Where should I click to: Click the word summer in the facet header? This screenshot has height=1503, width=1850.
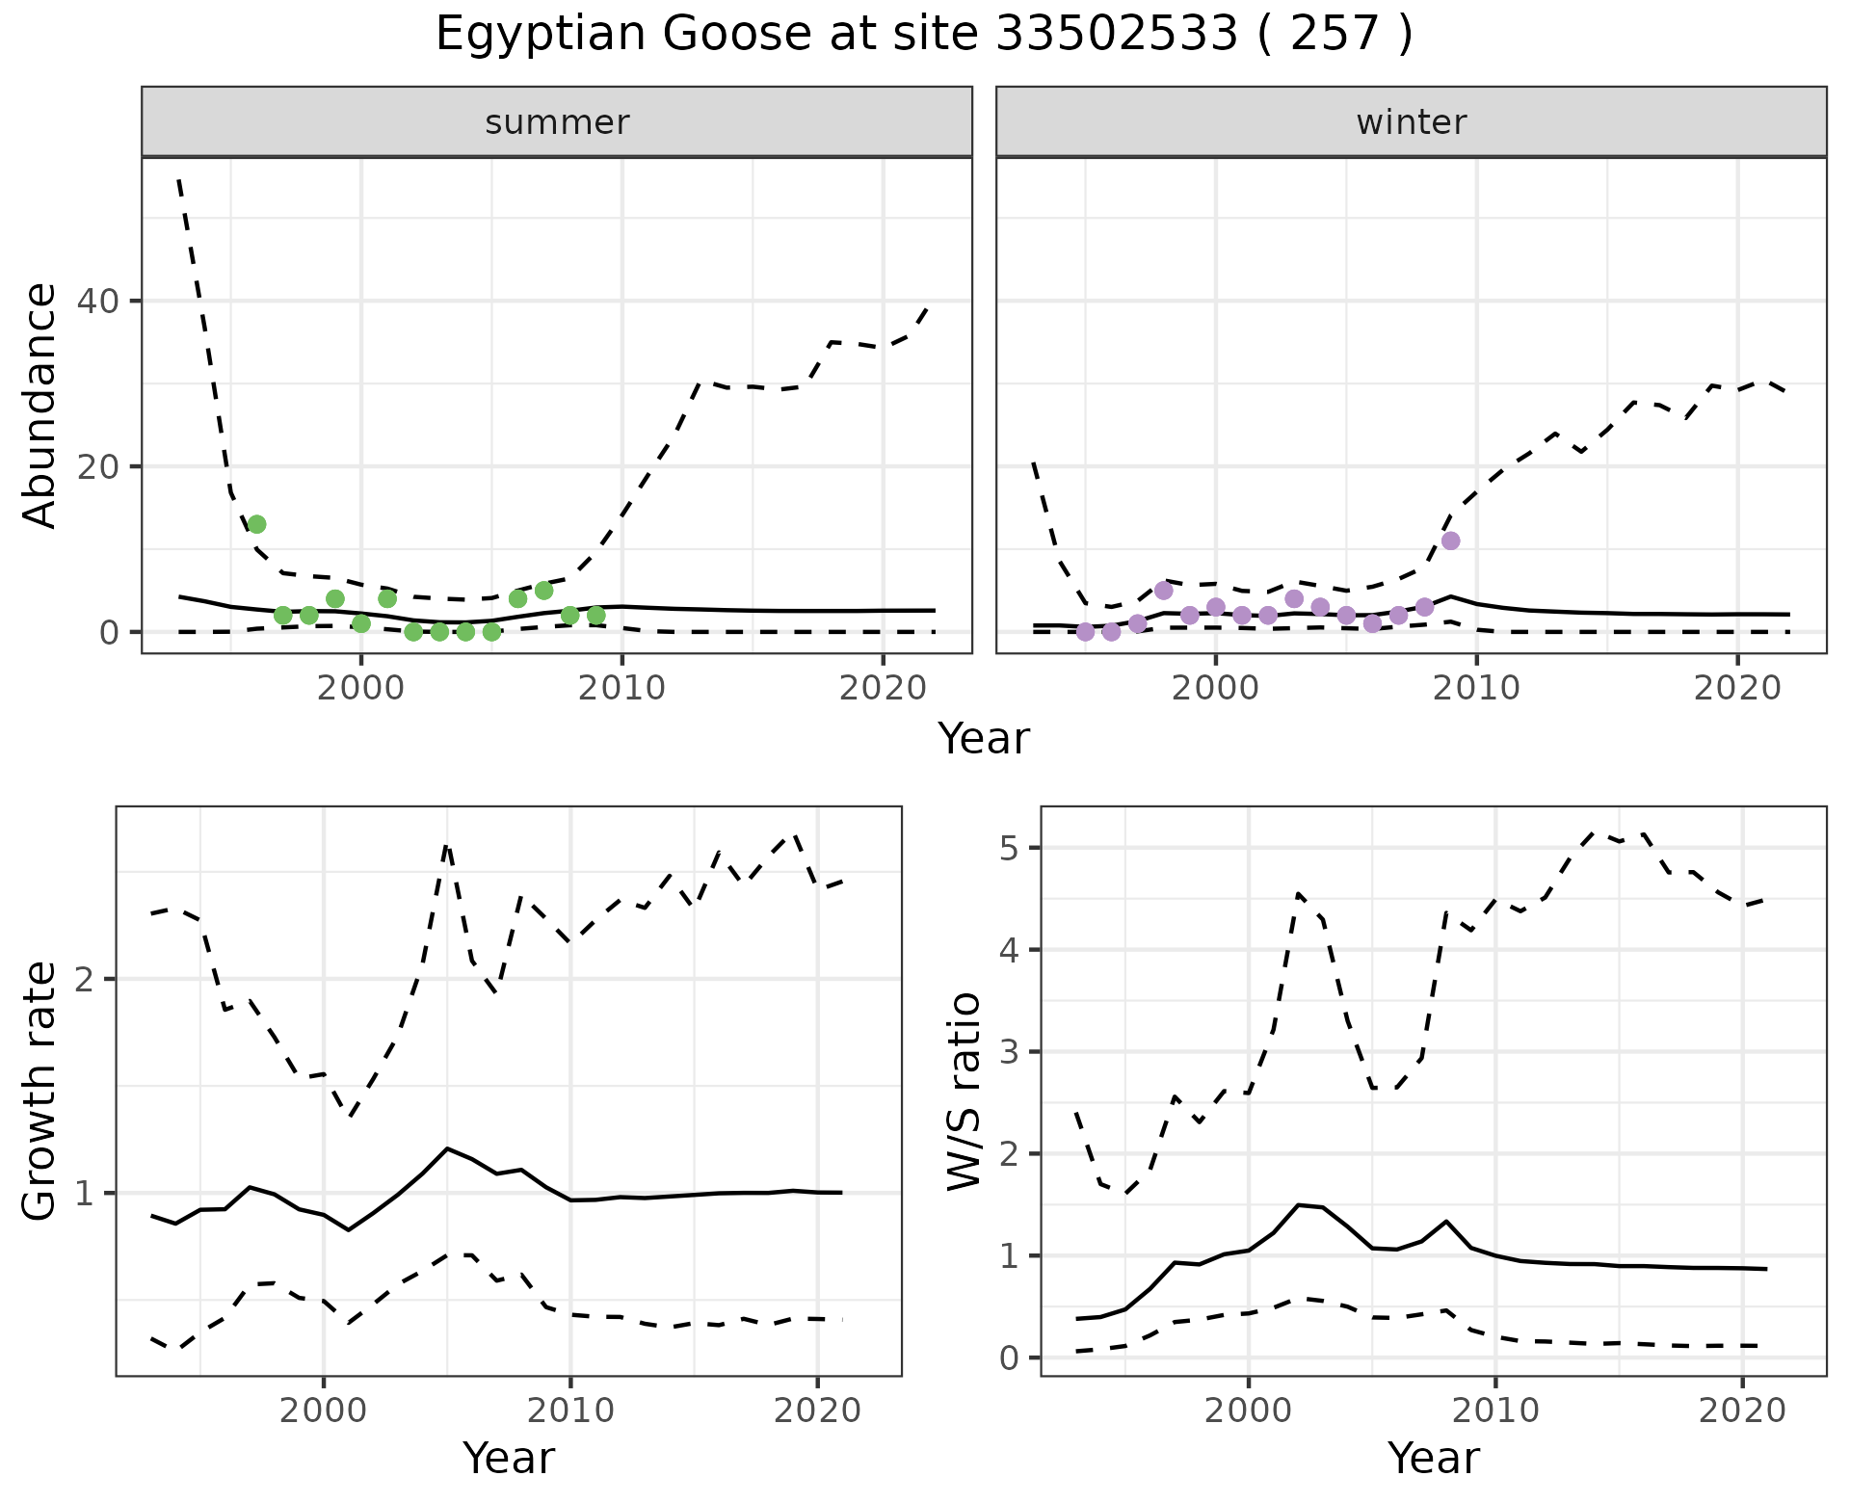tap(557, 122)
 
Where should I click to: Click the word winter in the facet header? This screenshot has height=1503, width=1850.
tap(1411, 122)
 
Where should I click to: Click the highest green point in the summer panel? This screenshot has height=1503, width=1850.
tap(256, 524)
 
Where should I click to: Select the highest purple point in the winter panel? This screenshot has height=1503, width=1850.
tap(1451, 541)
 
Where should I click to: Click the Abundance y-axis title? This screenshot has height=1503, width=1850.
tap(40, 405)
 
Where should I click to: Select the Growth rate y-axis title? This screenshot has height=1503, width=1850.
tap(40, 1092)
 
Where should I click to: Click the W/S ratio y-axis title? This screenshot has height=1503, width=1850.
tap(965, 1092)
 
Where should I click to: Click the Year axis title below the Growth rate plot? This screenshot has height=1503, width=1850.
tap(509, 1458)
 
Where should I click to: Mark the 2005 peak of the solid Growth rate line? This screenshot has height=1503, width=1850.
tap(447, 1148)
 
